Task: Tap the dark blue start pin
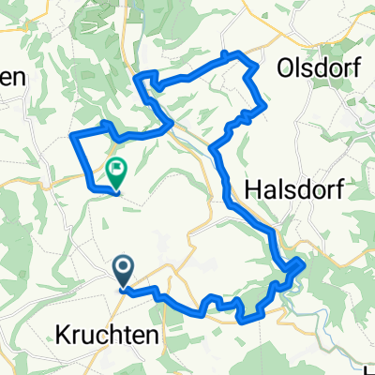tap(124, 273)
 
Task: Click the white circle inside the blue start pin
tap(124, 268)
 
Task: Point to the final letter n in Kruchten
tap(157, 334)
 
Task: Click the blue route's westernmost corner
tap(72, 139)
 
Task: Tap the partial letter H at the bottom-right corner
tap(369, 367)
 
